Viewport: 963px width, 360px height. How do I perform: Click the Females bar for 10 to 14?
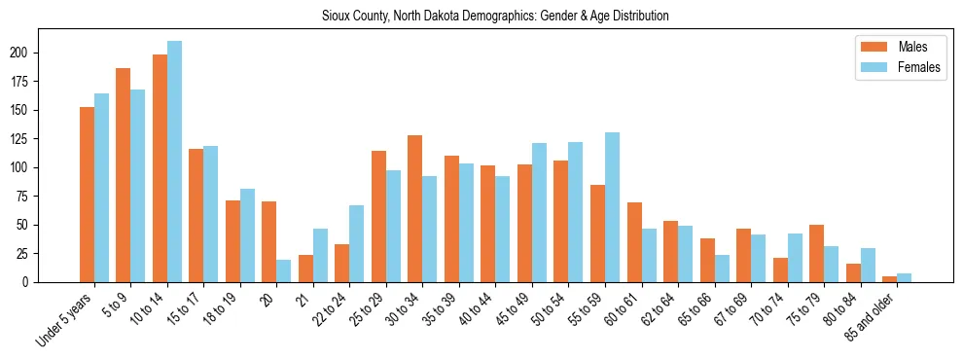tap(174, 162)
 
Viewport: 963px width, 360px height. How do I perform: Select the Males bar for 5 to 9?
tap(124, 175)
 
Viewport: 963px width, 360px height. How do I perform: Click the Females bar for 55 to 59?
tap(612, 207)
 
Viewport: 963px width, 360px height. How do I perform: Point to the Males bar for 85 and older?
tap(889, 279)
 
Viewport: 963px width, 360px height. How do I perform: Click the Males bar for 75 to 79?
tap(816, 254)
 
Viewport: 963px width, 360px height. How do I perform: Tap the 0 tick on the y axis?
tap(58, 282)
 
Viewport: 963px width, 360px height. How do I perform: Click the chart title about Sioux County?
tap(495, 17)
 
